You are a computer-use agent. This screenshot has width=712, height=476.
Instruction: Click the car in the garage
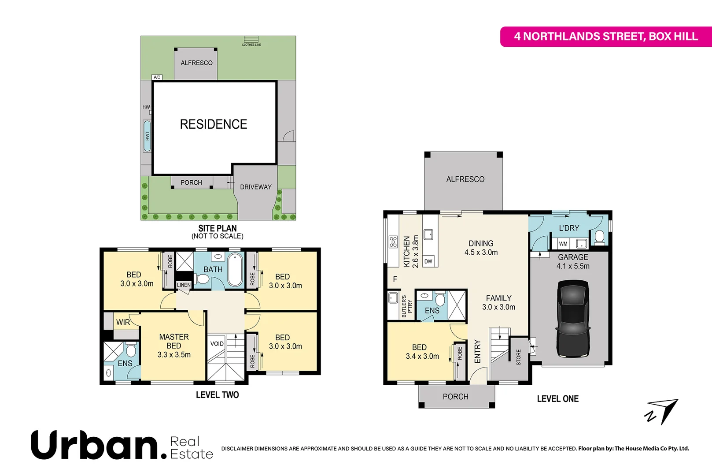point(573,320)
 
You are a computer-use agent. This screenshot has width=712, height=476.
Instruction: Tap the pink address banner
point(606,37)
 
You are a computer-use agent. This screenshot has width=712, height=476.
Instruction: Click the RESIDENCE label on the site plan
point(214,124)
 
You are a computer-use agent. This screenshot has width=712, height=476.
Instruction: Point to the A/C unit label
point(157,77)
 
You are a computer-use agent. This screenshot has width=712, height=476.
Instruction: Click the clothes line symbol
point(251,40)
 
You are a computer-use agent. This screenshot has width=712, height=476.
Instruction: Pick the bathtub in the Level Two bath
point(235,269)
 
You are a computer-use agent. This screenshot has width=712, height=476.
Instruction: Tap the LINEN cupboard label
point(184,285)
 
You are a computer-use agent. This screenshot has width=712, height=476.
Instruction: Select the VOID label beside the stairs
point(217,344)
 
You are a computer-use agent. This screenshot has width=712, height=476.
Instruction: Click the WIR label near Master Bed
point(123,322)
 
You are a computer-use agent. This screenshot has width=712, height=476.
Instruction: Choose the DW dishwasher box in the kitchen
point(428,261)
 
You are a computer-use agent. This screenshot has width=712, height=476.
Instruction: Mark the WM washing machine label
point(563,244)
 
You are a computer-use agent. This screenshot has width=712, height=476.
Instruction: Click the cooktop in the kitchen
point(393,242)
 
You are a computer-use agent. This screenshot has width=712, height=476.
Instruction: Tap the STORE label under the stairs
point(519,357)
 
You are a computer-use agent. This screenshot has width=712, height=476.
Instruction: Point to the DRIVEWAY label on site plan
point(256,187)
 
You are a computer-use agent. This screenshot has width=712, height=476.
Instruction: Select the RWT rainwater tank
point(147,136)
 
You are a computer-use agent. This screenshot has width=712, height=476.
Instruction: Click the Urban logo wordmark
point(99,445)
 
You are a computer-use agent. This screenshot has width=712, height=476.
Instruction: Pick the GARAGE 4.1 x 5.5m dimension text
point(573,266)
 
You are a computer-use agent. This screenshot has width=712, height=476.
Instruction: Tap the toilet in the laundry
point(599,237)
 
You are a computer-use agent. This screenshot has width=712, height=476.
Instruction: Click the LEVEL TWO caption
point(218,395)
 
